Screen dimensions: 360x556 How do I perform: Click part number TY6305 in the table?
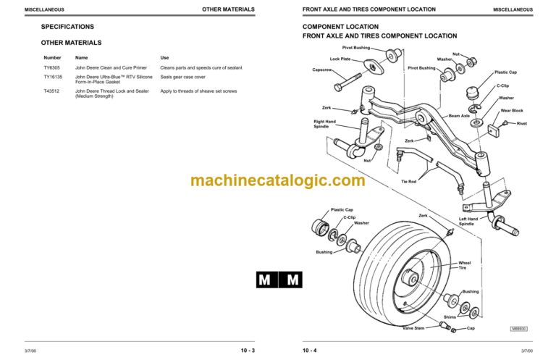[x=52, y=67]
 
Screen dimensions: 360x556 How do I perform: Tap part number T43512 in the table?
[x=52, y=91]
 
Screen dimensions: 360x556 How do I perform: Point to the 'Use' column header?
[x=164, y=57]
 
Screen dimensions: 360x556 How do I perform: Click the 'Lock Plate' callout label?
[x=340, y=59]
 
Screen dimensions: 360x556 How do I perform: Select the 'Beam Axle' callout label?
[x=459, y=116]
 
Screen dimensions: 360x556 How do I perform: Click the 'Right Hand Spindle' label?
[x=324, y=124]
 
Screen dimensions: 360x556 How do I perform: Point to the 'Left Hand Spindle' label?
[x=468, y=221]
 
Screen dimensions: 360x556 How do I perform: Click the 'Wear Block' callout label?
[x=512, y=111]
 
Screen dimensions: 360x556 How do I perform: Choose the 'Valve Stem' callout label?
[x=413, y=328]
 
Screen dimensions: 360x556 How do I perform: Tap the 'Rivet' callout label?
[x=522, y=124]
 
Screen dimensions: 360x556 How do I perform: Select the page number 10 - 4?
[x=310, y=352]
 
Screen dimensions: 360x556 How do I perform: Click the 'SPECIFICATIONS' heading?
[x=68, y=27]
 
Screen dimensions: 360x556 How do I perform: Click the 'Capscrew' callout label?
[x=322, y=70]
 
